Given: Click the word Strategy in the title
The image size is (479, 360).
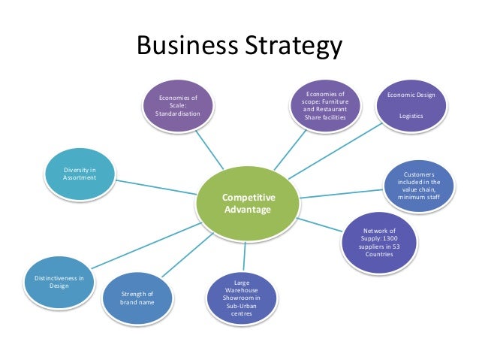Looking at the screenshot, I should (291, 47).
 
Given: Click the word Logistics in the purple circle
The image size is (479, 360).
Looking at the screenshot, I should (411, 116).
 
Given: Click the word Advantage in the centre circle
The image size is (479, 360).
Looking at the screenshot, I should (247, 210).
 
